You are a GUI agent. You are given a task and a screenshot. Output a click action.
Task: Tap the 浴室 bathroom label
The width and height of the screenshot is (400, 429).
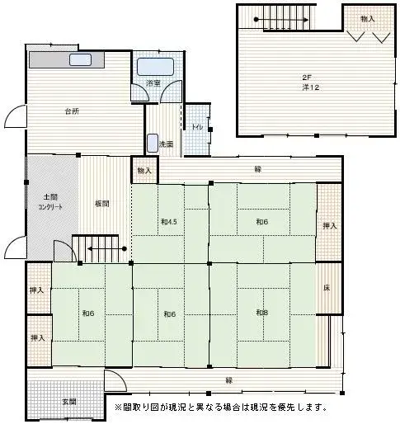(x=153, y=83)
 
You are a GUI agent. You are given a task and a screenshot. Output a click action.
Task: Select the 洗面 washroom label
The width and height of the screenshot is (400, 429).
(x=166, y=144)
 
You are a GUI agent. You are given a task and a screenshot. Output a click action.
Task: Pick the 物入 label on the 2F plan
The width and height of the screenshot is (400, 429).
(x=368, y=18)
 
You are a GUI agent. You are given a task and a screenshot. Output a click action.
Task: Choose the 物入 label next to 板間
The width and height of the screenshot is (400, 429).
(x=144, y=170)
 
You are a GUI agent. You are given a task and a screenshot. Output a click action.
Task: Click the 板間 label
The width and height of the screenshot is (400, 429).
(x=101, y=204)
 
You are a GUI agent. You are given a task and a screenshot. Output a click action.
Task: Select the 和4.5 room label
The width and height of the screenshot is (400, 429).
(x=170, y=221)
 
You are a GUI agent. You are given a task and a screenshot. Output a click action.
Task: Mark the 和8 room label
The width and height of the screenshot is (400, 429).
(x=261, y=313)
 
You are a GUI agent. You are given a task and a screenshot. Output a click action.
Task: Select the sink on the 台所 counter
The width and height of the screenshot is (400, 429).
(x=81, y=60)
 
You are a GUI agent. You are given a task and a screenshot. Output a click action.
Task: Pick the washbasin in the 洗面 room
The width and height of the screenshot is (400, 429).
(x=152, y=143)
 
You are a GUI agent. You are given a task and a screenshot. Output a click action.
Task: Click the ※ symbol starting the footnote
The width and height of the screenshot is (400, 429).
(x=118, y=408)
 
